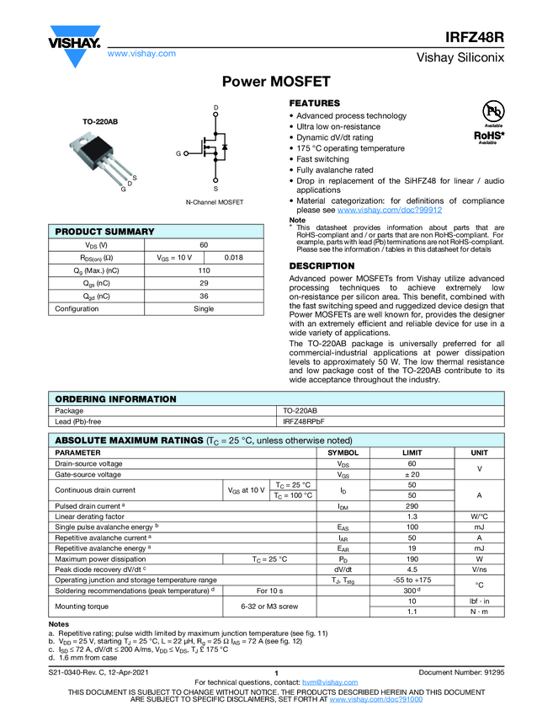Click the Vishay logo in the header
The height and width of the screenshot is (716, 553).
coord(75,42)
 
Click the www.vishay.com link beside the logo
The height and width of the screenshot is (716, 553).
coord(141,53)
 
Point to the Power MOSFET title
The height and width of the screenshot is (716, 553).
coord(275,82)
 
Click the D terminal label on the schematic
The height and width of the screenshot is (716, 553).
coord(215,109)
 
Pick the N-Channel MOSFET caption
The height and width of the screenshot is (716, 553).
coord(215,203)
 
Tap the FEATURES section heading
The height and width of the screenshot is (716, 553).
coord(314,103)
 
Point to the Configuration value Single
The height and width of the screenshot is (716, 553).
coord(204,308)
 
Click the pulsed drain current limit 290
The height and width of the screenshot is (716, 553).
coord(412,505)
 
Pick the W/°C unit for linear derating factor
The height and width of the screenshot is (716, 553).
coord(478,516)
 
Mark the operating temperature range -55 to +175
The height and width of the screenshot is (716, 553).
coord(412,580)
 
